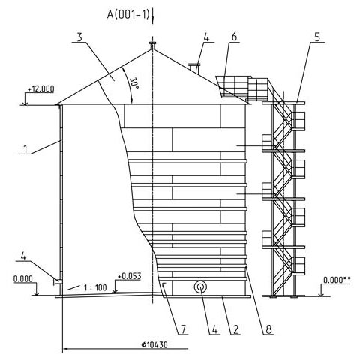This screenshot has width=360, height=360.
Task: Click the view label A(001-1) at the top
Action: pyautogui.click(x=128, y=15)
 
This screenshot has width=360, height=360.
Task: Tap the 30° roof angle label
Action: pyautogui.click(x=134, y=83)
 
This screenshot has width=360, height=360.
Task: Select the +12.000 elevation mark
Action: pyautogui.click(x=40, y=88)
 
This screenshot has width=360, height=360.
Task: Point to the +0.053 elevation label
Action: pyautogui.click(x=130, y=276)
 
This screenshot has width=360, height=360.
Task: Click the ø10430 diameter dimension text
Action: pyautogui.click(x=154, y=345)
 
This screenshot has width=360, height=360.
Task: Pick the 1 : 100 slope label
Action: pyautogui.click(x=95, y=287)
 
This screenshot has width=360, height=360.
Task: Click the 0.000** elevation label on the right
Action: pyautogui.click(x=337, y=280)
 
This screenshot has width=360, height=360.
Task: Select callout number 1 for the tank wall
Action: pyautogui.click(x=25, y=149)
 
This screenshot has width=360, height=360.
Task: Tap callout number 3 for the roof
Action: pyautogui.click(x=79, y=37)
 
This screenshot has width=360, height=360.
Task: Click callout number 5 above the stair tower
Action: pyautogui.click(x=317, y=37)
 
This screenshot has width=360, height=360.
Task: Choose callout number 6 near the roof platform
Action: pyautogui.click(x=234, y=37)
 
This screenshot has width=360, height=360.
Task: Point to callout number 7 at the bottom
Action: pyautogui.click(x=184, y=329)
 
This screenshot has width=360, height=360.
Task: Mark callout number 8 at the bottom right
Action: pyautogui.click(x=268, y=329)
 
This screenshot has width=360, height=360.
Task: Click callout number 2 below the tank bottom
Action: pyautogui.click(x=235, y=329)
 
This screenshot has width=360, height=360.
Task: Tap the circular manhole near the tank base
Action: pyautogui.click(x=200, y=286)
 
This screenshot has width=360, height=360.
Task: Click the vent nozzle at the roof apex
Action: pyautogui.click(x=152, y=46)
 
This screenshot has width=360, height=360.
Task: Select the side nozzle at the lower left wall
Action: pyautogui.click(x=57, y=282)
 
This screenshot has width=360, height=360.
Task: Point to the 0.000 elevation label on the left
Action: pyautogui.click(x=23, y=279)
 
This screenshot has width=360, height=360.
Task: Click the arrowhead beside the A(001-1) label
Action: pyautogui.click(x=152, y=20)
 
